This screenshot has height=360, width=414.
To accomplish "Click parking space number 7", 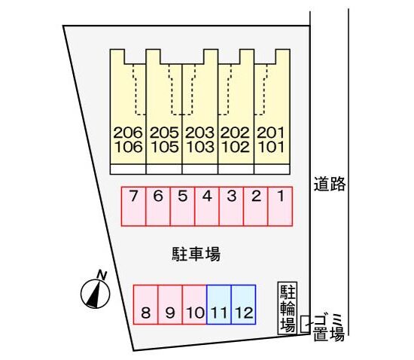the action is click(133, 206).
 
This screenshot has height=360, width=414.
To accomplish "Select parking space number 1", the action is click(280, 206).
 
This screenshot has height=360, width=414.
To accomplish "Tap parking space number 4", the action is click(207, 206).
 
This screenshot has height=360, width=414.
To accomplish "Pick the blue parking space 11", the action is click(219, 304).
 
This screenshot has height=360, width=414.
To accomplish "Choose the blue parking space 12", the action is click(243, 304).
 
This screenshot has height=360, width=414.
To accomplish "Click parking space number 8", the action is click(146, 304).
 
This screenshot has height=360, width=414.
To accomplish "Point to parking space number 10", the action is click(195, 304).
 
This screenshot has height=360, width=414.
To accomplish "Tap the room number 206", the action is click(128, 133).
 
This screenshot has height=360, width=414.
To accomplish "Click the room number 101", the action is click(271, 147).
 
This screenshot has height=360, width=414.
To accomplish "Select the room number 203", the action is click(199, 133).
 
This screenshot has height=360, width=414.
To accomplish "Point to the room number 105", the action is click(164, 147).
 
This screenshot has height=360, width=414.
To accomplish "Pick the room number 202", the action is click(235, 133).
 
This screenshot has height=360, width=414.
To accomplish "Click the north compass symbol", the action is click(95, 294).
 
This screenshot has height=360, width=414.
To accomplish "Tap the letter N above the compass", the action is click(102, 275).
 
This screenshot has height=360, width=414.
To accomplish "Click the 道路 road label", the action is click(330, 184).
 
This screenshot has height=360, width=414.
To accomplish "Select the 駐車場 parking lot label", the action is click(196, 254).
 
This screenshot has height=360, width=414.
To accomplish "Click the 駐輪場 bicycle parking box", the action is click(288, 308).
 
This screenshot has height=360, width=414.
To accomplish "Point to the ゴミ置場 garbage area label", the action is click(329, 328).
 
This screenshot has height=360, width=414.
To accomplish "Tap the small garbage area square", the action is click(305, 324).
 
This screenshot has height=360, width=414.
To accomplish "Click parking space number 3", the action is click(231, 206).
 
